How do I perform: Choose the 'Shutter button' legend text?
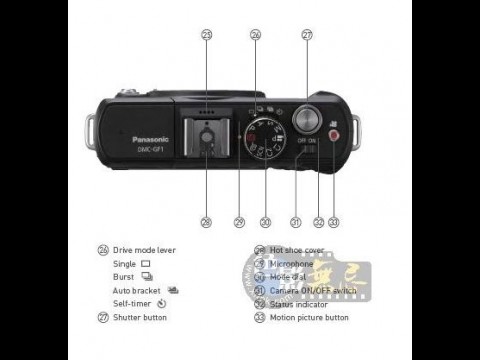pyautogui.click(x=140, y=317)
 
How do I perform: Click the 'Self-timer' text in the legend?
pyautogui.click(x=133, y=303)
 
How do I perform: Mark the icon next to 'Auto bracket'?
pyautogui.click(x=173, y=290)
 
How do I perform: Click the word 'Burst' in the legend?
pyautogui.click(x=123, y=276)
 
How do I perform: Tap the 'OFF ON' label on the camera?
pyautogui.click(x=306, y=142)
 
